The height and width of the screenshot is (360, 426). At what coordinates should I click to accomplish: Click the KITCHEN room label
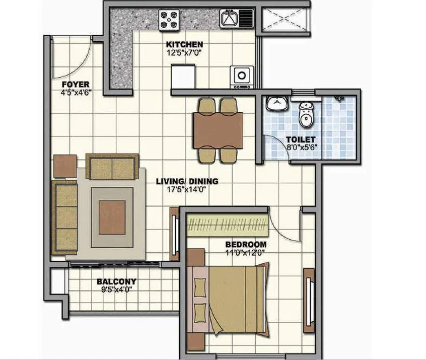click(184, 44)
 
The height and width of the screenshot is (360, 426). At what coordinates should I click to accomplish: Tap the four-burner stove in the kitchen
click(169, 20)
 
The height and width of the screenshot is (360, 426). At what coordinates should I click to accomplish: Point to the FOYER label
click(76, 84)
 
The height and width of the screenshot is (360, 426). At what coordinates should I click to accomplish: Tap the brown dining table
click(218, 129)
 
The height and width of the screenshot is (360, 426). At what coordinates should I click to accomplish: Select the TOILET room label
click(301, 139)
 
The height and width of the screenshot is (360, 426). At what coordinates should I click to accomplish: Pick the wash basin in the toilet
click(276, 104)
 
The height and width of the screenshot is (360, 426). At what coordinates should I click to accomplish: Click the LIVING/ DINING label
click(186, 181)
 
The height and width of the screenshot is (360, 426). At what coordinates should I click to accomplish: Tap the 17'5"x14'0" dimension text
click(186, 189)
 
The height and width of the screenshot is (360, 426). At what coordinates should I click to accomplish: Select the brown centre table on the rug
click(112, 214)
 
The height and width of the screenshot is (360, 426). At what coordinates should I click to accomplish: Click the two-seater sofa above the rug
click(112, 166)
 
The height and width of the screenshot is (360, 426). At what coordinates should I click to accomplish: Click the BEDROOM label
click(245, 244)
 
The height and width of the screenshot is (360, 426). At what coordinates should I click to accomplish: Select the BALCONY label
click(116, 282)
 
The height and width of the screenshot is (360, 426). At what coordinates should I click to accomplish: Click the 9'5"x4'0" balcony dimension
click(116, 290)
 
